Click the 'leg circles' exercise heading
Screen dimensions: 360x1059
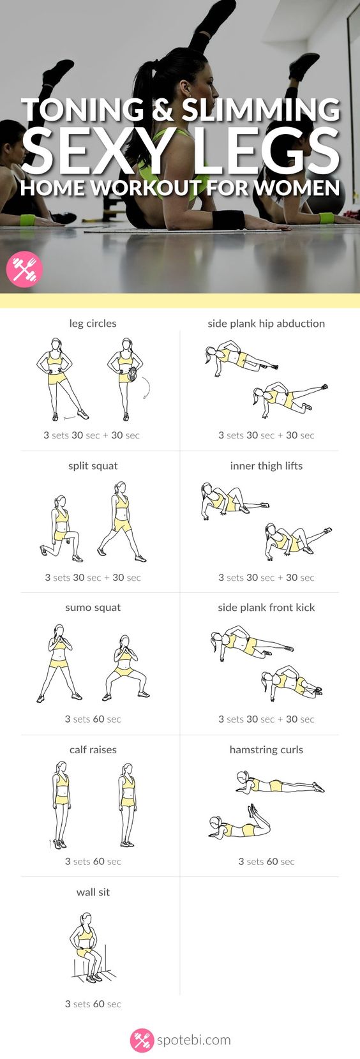(x=93, y=324)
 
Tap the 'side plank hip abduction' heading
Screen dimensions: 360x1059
(x=266, y=324)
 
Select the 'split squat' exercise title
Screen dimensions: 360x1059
(x=93, y=466)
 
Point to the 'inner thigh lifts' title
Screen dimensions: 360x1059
(x=266, y=466)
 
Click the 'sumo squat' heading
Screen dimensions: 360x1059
(x=93, y=608)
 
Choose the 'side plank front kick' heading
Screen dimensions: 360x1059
(x=266, y=608)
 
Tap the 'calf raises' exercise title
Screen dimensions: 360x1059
(x=93, y=750)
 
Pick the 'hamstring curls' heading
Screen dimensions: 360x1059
(x=266, y=750)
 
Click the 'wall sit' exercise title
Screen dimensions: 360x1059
(x=93, y=892)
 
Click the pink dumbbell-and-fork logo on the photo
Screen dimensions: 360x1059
(x=24, y=269)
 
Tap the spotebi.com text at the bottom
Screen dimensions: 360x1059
(x=193, y=1040)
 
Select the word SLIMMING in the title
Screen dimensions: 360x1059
(x=261, y=109)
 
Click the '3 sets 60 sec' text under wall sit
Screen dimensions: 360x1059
(x=93, y=1003)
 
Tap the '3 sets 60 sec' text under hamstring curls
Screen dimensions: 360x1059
(x=266, y=861)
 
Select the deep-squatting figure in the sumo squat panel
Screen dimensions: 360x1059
(x=126, y=668)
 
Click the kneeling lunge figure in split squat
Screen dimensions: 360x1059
(x=61, y=529)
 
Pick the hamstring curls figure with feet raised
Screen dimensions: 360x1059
(x=239, y=822)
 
